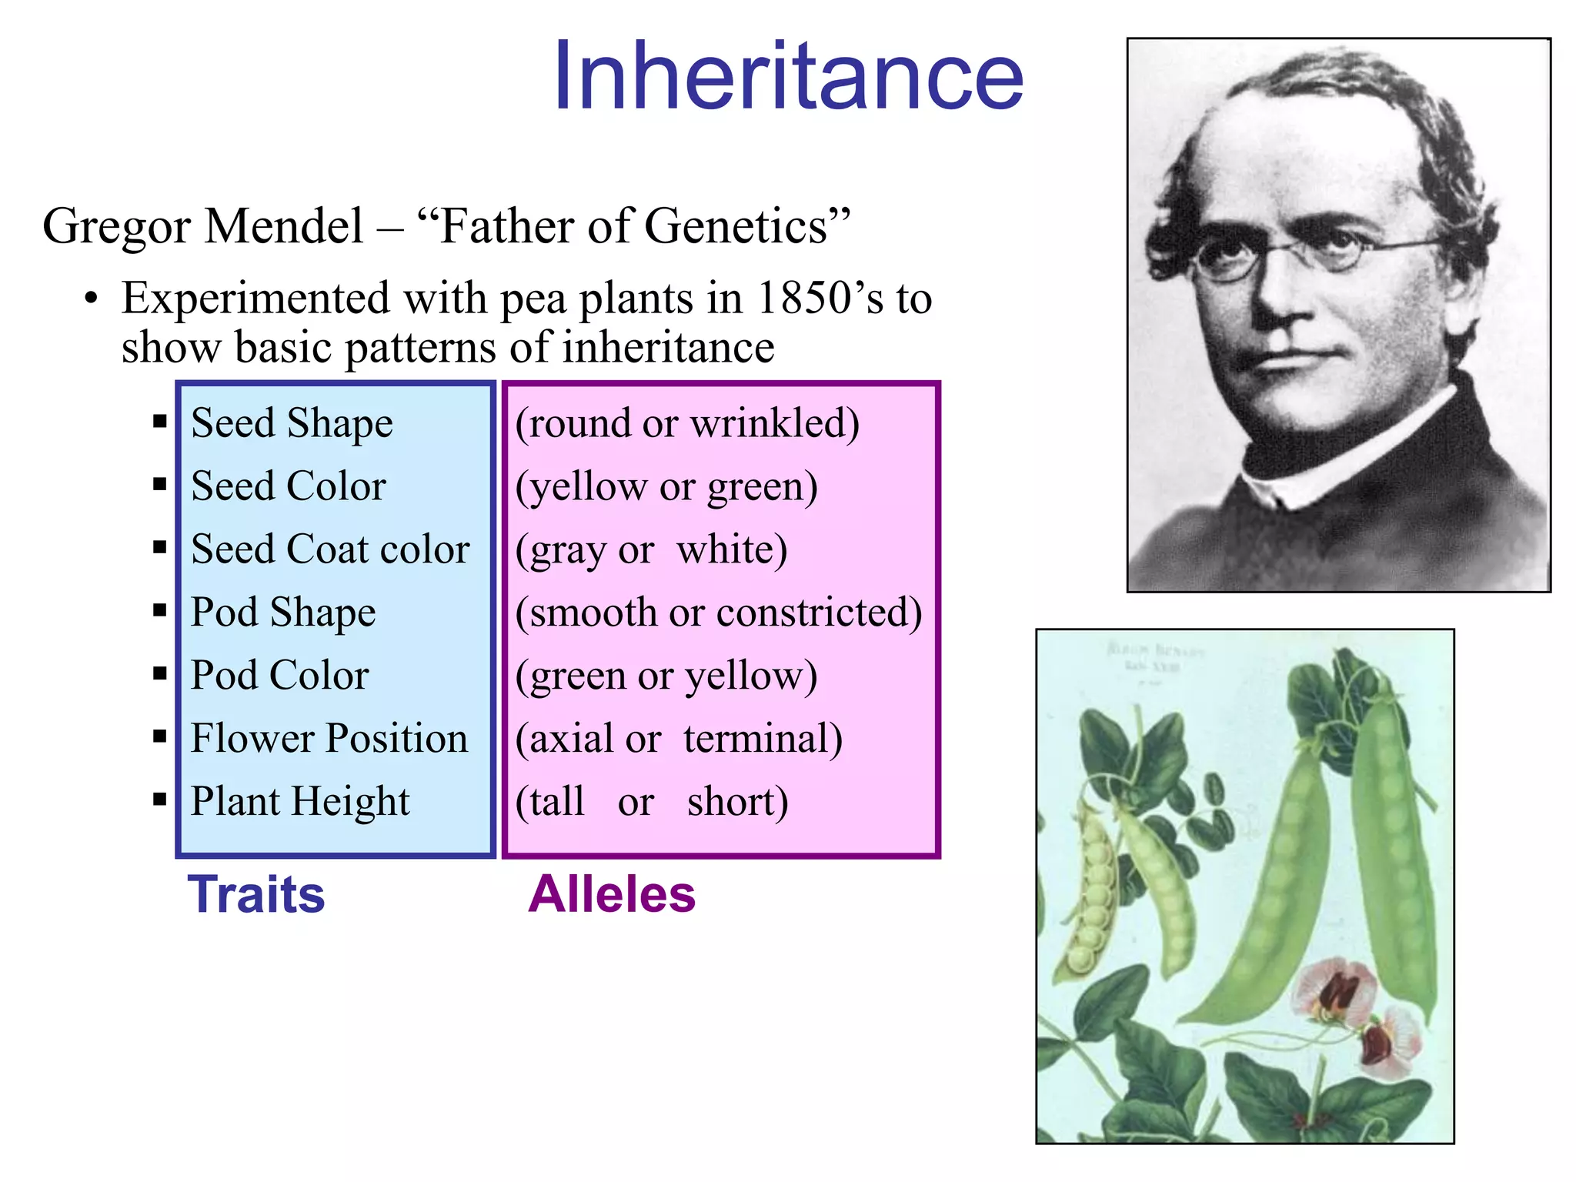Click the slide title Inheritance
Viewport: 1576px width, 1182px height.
pyautogui.click(x=788, y=77)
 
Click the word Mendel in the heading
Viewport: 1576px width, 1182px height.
pyautogui.click(x=284, y=226)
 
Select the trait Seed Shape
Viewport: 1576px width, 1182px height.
pyautogui.click(x=292, y=423)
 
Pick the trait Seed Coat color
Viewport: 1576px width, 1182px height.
pyautogui.click(x=330, y=549)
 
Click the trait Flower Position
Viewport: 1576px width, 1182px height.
pyautogui.click(x=329, y=739)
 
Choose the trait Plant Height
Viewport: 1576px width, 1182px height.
pyautogui.click(x=300, y=802)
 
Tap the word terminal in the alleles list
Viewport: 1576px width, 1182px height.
pyautogui.click(x=763, y=739)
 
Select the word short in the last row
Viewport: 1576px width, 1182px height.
pyautogui.click(x=737, y=802)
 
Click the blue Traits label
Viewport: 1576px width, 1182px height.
pyautogui.click(x=256, y=894)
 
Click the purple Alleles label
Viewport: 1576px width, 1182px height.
pyautogui.click(x=612, y=894)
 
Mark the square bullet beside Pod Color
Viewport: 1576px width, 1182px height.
pyautogui.click(x=160, y=674)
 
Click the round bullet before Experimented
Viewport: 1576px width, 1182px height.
pyautogui.click(x=92, y=299)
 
